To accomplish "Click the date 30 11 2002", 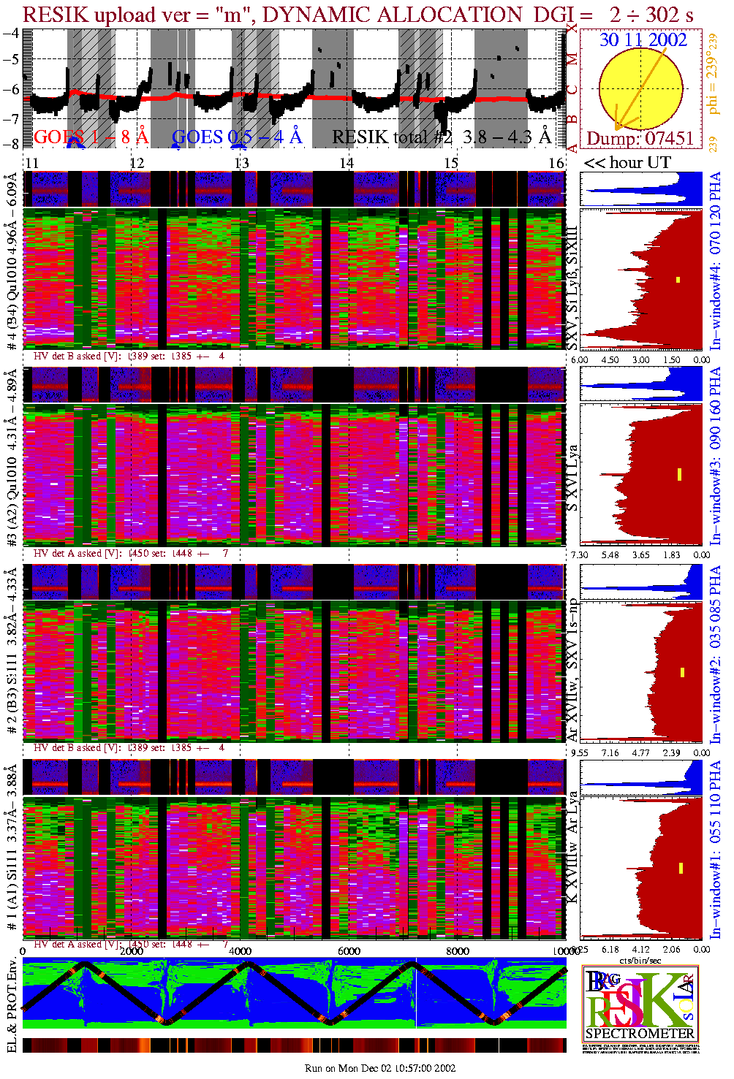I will point(643,40).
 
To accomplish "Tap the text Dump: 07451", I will point(640,138).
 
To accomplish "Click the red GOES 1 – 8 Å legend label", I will point(91,137).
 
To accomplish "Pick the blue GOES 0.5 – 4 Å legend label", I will point(236,137).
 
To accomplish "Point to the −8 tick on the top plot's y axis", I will point(10,144).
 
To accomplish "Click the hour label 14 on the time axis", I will point(346,163).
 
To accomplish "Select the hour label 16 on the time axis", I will point(556,163).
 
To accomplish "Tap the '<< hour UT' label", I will point(627,162).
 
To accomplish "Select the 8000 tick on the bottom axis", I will point(457,951).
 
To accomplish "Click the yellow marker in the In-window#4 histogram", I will point(678,280).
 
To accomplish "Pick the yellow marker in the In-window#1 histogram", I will point(681,868).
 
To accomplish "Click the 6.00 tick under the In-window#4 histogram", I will point(579,359).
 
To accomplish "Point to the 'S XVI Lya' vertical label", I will point(573,479).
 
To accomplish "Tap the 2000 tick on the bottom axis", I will point(132,951).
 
